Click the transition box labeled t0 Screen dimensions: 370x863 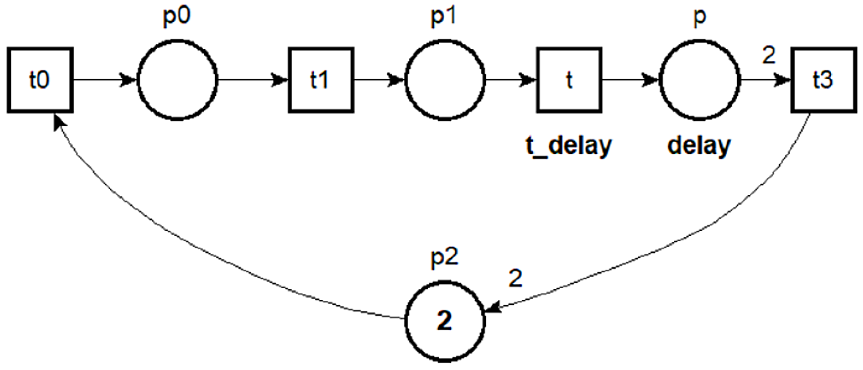(40, 80)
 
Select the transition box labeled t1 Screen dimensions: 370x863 (321, 80)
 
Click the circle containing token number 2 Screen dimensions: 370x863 (445, 321)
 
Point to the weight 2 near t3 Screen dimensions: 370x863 (769, 56)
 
